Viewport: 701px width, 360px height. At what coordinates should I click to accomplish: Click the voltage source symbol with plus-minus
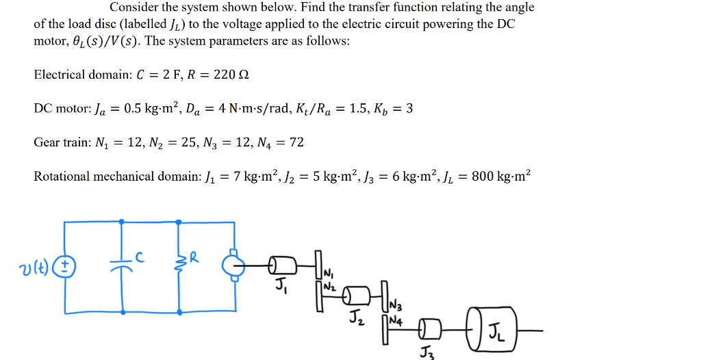click(66, 266)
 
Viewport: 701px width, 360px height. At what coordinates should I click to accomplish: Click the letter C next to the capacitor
click(139, 258)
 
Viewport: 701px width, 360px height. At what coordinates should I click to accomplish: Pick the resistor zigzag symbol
click(179, 264)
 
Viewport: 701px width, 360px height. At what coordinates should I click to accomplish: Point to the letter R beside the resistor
click(194, 258)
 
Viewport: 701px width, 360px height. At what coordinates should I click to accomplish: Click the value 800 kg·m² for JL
click(498, 177)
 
